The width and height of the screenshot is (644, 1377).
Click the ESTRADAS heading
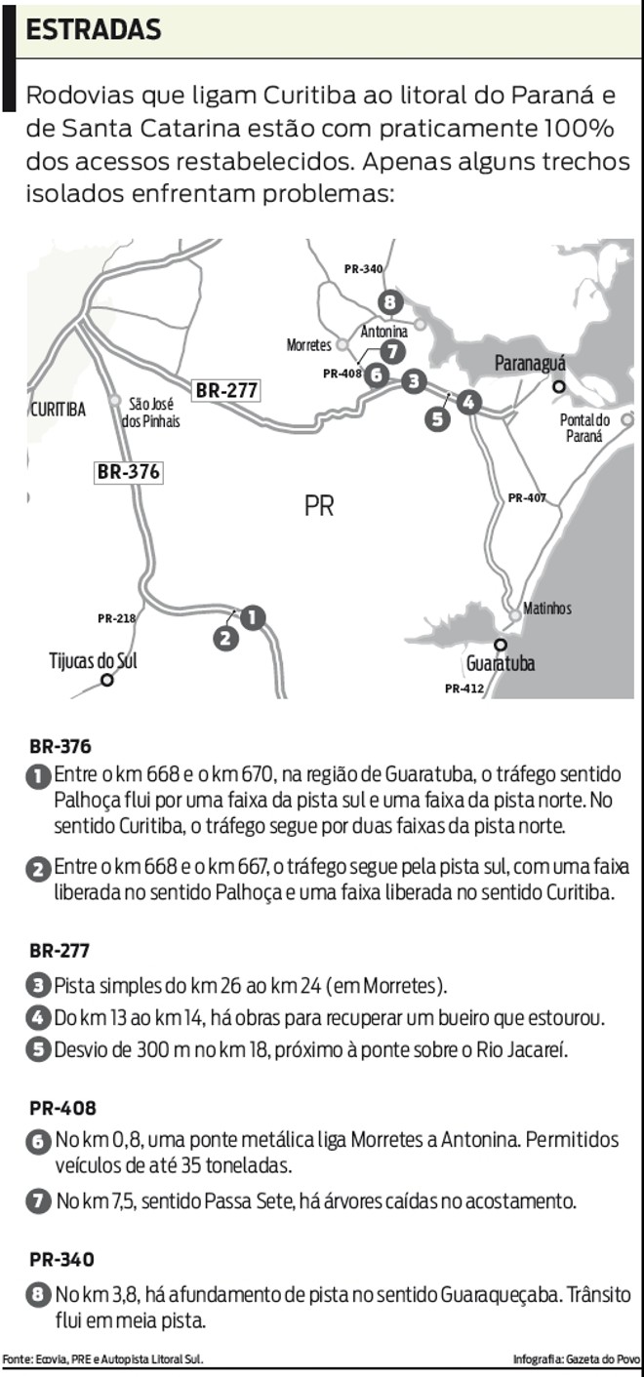(x=94, y=30)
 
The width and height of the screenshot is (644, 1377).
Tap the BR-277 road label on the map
(x=226, y=390)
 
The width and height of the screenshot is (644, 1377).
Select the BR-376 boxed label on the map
(x=128, y=472)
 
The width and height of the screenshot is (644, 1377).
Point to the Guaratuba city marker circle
(x=500, y=645)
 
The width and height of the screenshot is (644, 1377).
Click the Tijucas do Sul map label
(x=93, y=660)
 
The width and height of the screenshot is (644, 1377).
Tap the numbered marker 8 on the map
(x=390, y=302)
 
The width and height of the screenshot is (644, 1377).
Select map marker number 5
(x=437, y=418)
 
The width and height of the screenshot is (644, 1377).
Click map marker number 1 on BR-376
(x=253, y=617)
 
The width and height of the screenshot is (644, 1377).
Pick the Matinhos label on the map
(x=547, y=609)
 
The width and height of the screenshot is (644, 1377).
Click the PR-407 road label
(x=527, y=498)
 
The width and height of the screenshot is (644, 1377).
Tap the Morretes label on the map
(x=309, y=345)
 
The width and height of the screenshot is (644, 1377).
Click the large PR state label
(x=319, y=507)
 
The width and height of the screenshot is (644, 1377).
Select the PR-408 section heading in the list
(x=62, y=1108)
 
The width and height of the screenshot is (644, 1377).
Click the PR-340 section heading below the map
(x=62, y=1259)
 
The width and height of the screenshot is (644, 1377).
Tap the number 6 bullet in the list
(x=38, y=1139)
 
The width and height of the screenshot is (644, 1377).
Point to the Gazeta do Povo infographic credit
(x=577, y=1359)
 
